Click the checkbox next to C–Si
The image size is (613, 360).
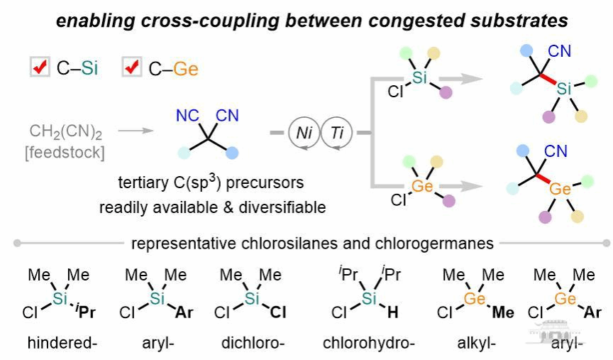(40, 68)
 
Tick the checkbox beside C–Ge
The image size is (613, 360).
(132, 68)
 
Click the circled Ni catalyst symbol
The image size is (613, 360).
(304, 133)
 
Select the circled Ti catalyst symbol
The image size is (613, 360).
(337, 133)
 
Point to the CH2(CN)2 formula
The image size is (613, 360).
(65, 131)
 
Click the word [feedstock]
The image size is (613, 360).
(65, 151)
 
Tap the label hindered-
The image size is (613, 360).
(61, 344)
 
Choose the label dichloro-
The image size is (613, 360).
(253, 344)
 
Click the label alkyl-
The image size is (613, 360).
(477, 344)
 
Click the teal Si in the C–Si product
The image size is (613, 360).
(563, 87)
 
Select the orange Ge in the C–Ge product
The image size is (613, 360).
(560, 188)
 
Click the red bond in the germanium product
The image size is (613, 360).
(546, 178)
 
